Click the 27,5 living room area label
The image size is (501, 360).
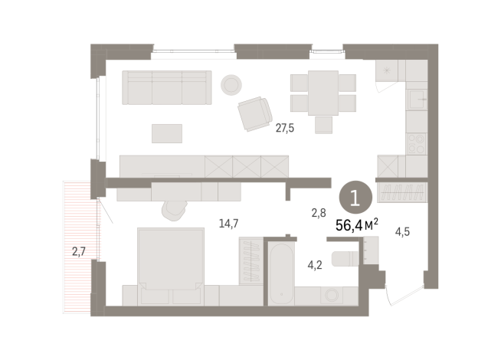(285, 129)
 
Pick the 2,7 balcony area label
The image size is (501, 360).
(78, 250)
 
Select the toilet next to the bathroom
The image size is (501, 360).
(347, 256)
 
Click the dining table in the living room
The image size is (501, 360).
(323, 92)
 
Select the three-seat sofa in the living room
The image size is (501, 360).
(167, 88)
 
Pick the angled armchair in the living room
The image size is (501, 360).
(254, 115)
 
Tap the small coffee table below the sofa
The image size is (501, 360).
(168, 133)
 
